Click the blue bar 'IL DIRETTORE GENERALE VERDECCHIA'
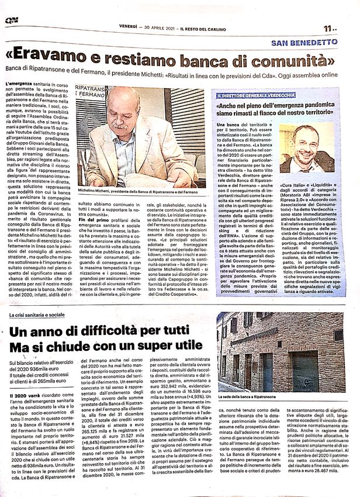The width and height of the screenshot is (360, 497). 257,95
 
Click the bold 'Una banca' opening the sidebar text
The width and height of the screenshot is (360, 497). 231,125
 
